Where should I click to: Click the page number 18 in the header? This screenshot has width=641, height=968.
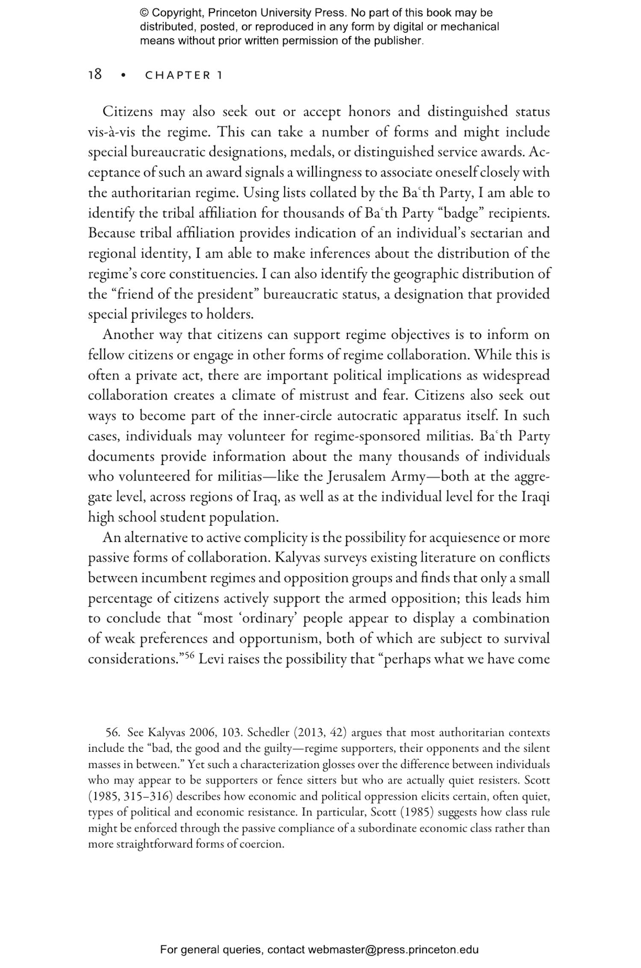tap(95, 75)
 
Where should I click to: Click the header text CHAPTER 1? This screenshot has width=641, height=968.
tap(184, 76)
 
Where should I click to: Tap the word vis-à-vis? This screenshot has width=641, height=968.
tap(112, 132)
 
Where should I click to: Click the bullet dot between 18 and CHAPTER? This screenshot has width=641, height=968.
tap(124, 76)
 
